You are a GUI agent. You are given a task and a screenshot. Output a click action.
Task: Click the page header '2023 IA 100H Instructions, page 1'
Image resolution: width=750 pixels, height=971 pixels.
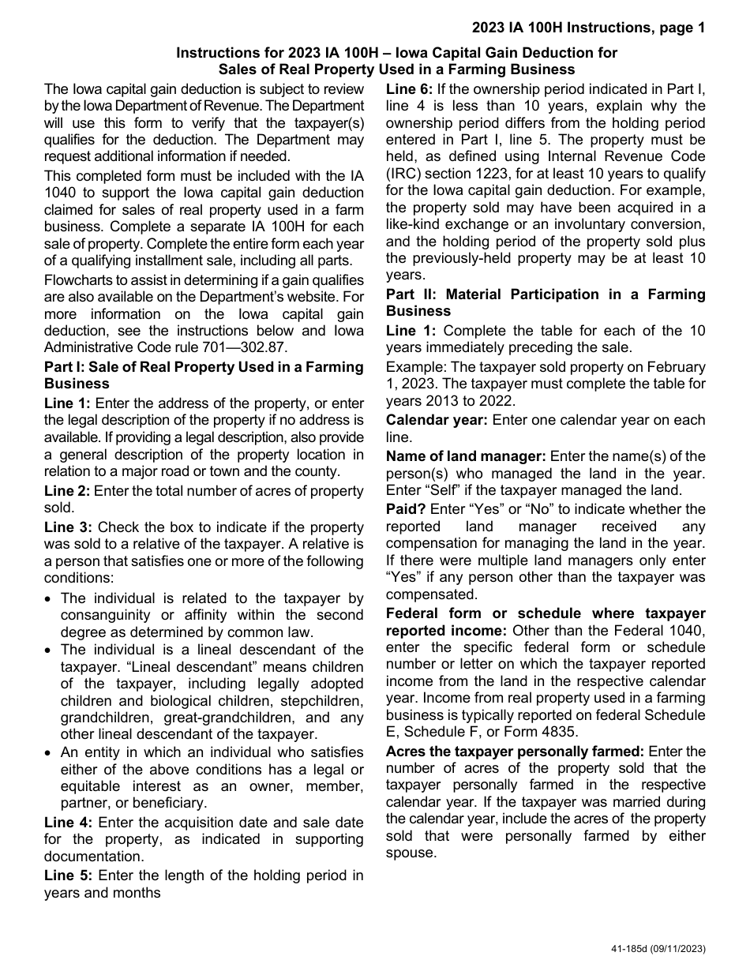point(588,28)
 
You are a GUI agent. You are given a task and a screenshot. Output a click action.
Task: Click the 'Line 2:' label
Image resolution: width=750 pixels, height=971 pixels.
point(67,491)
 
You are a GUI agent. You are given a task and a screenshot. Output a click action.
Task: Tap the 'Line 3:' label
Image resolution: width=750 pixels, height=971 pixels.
point(69,527)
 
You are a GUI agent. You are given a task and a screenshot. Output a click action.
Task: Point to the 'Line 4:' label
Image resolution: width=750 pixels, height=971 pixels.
point(68,822)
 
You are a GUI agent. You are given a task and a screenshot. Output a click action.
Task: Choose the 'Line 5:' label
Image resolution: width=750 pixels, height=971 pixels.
point(68,875)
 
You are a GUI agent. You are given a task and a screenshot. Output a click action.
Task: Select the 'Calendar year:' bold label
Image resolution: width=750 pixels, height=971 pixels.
point(437,420)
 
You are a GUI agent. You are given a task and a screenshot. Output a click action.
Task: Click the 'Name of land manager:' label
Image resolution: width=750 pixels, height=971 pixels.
point(466,456)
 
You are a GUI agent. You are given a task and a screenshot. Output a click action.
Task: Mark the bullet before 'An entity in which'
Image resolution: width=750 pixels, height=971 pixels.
point(50,753)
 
